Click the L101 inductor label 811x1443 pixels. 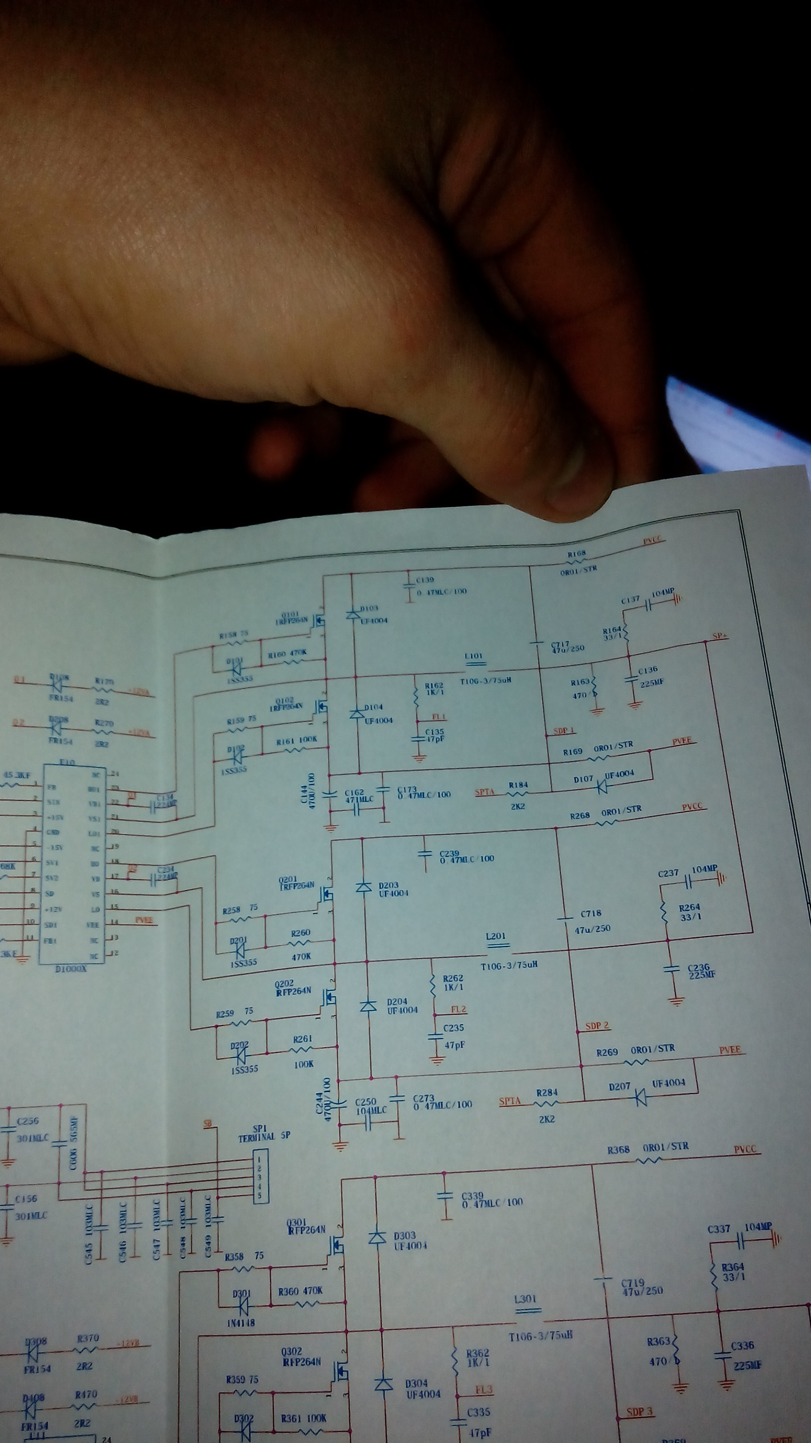[473, 656]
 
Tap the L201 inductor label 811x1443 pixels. [496, 936]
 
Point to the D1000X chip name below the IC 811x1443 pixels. [71, 970]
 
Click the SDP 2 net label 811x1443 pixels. [597, 1026]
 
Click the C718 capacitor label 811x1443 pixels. [591, 913]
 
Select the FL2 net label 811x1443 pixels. [458, 1009]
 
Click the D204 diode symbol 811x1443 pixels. [368, 1007]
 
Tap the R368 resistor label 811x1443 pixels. [619, 1150]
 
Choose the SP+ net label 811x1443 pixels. [720, 637]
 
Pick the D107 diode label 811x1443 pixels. [583, 779]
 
